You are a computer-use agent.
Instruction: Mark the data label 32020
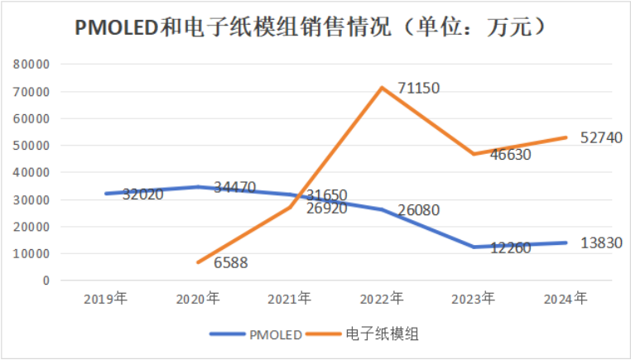(142, 195)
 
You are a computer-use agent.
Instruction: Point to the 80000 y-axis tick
(32, 64)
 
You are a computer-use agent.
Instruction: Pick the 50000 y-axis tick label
(32, 145)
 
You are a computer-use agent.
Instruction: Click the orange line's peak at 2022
(382, 87)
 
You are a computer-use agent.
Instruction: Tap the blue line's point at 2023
(474, 247)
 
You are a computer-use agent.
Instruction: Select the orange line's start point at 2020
(198, 262)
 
